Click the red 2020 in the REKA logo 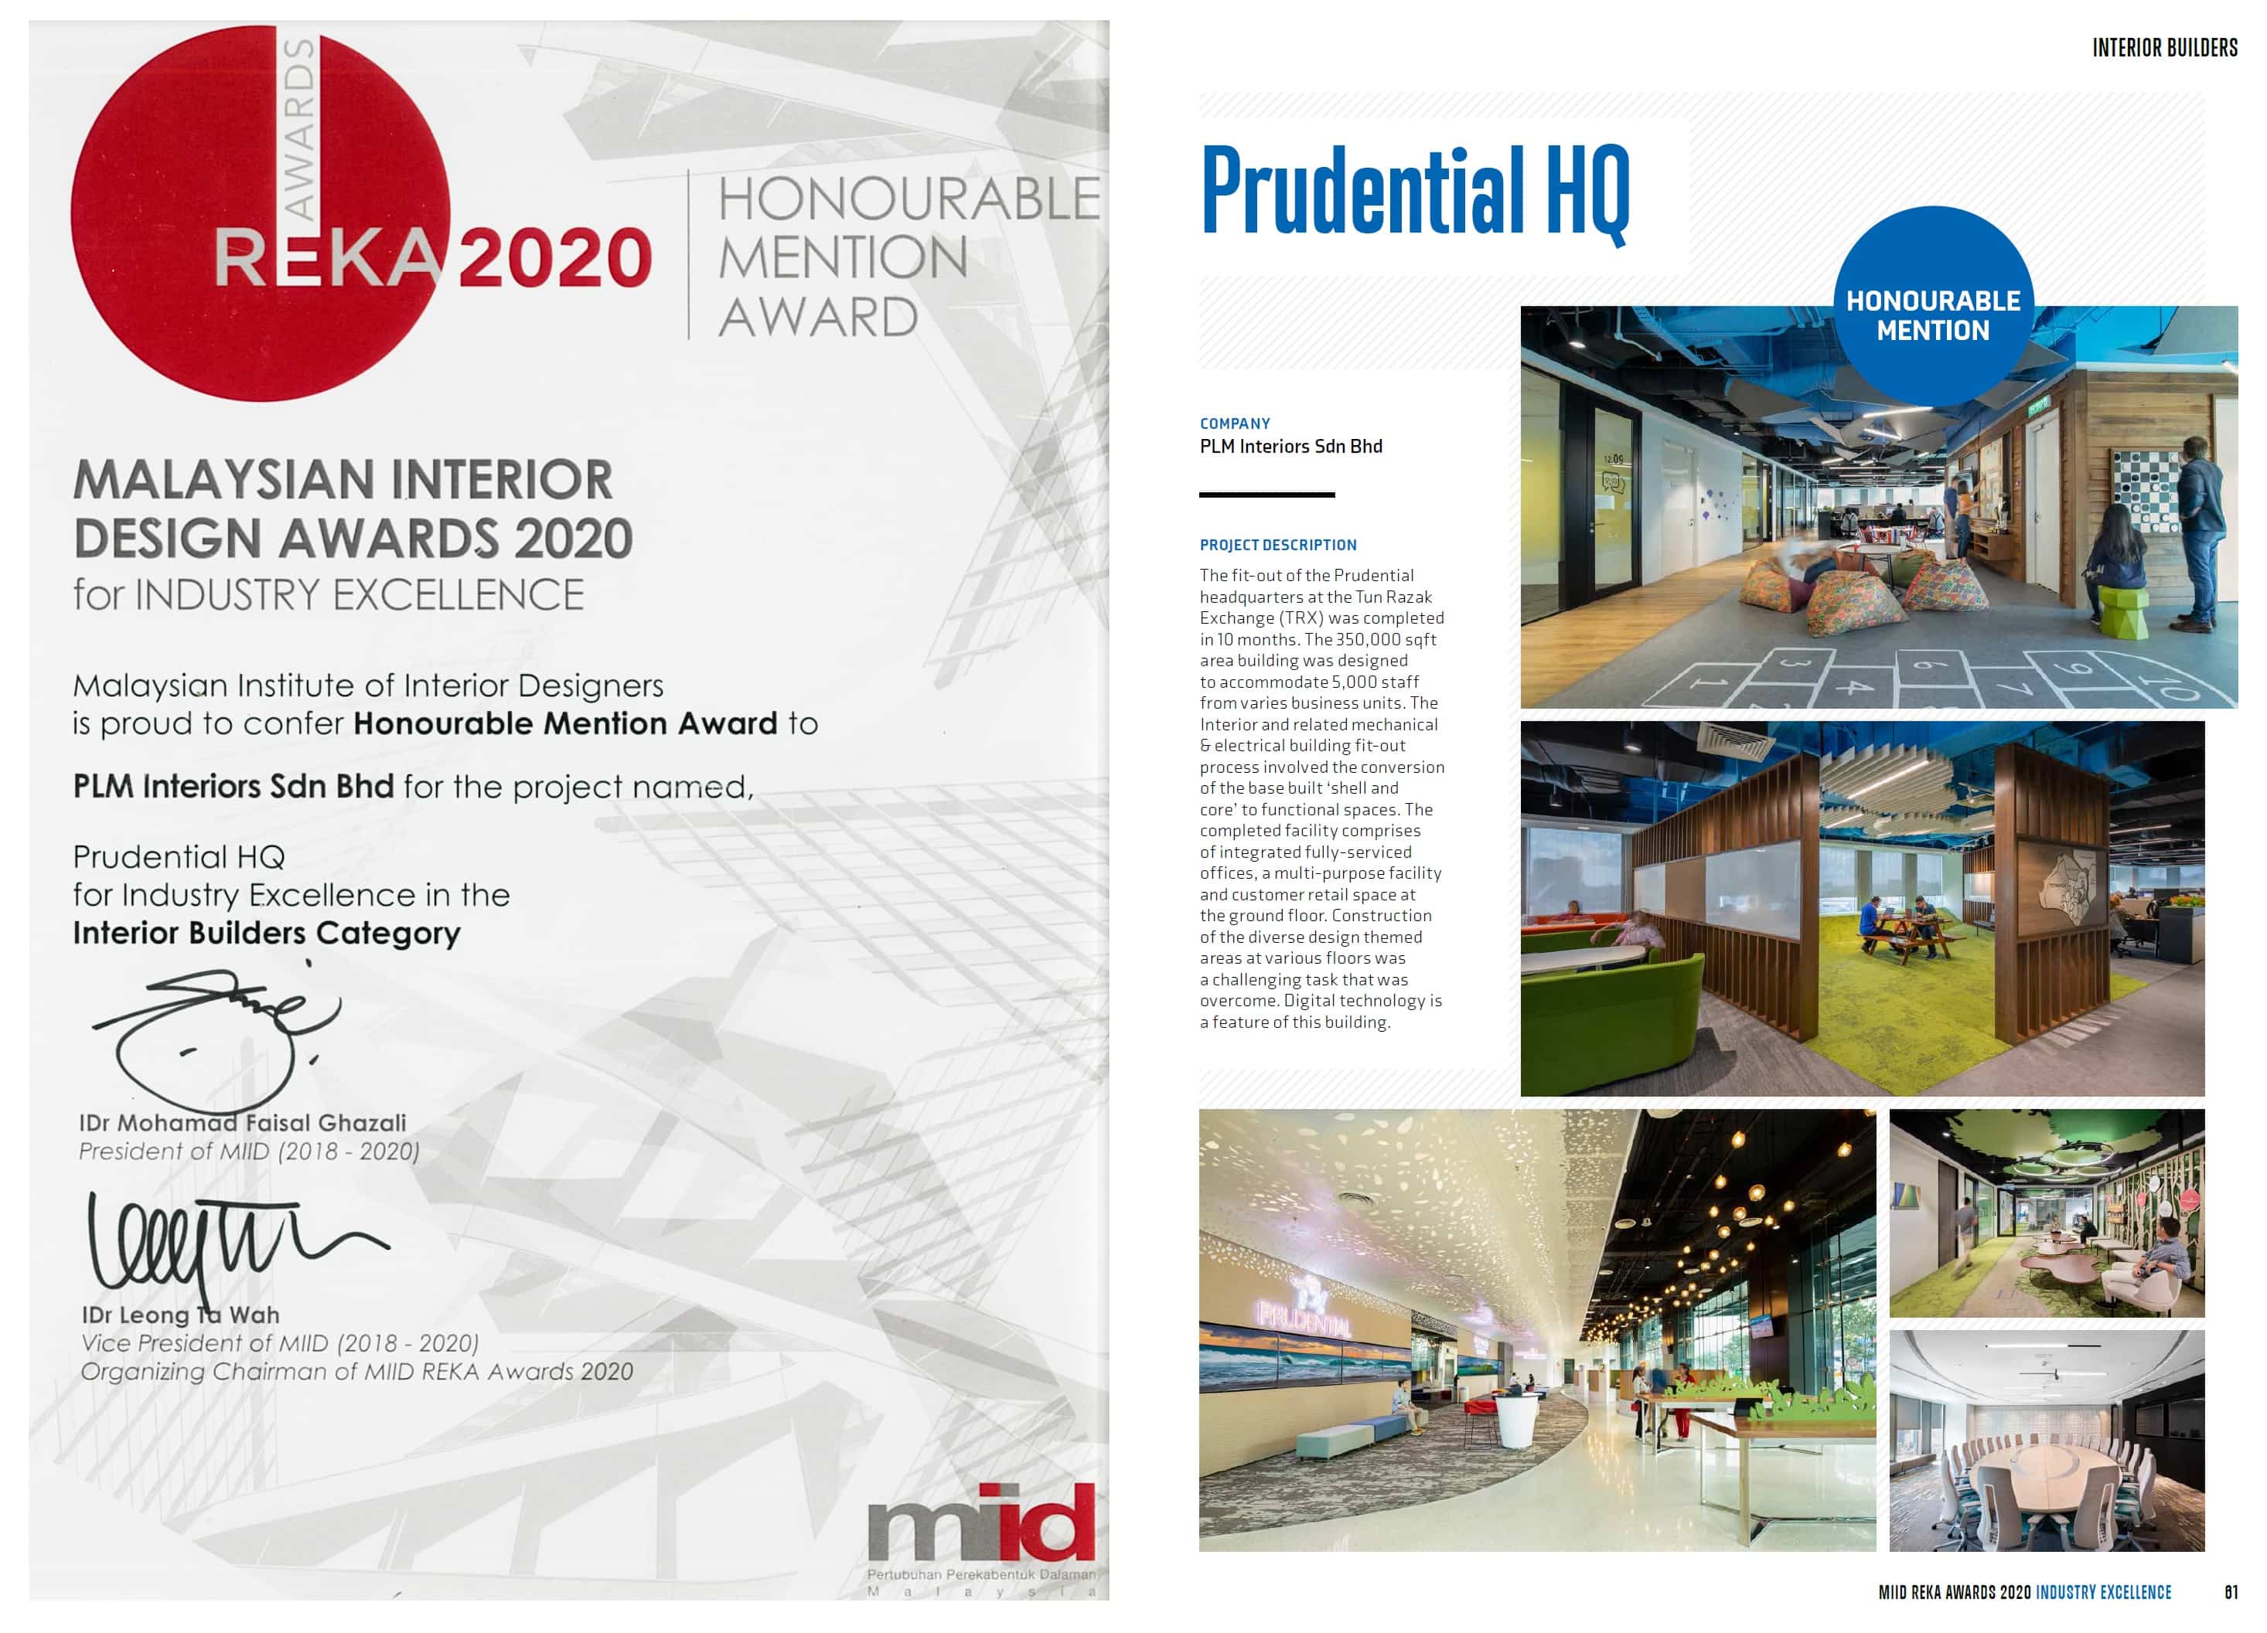tap(554, 258)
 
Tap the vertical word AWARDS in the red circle tap(299, 130)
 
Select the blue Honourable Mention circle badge tap(1932, 307)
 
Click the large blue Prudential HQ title tap(1414, 192)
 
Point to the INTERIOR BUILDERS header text tap(2165, 48)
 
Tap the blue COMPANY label tap(1235, 424)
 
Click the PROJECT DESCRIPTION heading tap(1277, 545)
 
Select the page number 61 tap(2231, 1592)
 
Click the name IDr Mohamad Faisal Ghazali tap(243, 1122)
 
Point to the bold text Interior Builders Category tap(267, 934)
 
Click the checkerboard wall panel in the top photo tap(2148, 491)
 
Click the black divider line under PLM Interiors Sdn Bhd tap(1266, 495)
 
